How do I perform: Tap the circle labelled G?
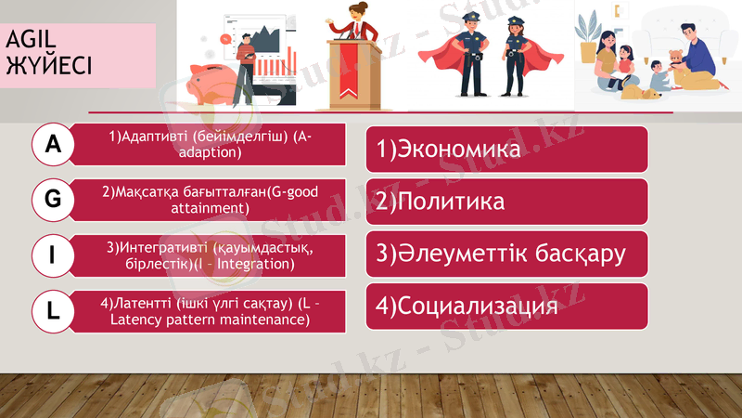pos(54,199)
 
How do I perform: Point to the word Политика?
pos(450,202)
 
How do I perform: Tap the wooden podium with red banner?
pos(353,69)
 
